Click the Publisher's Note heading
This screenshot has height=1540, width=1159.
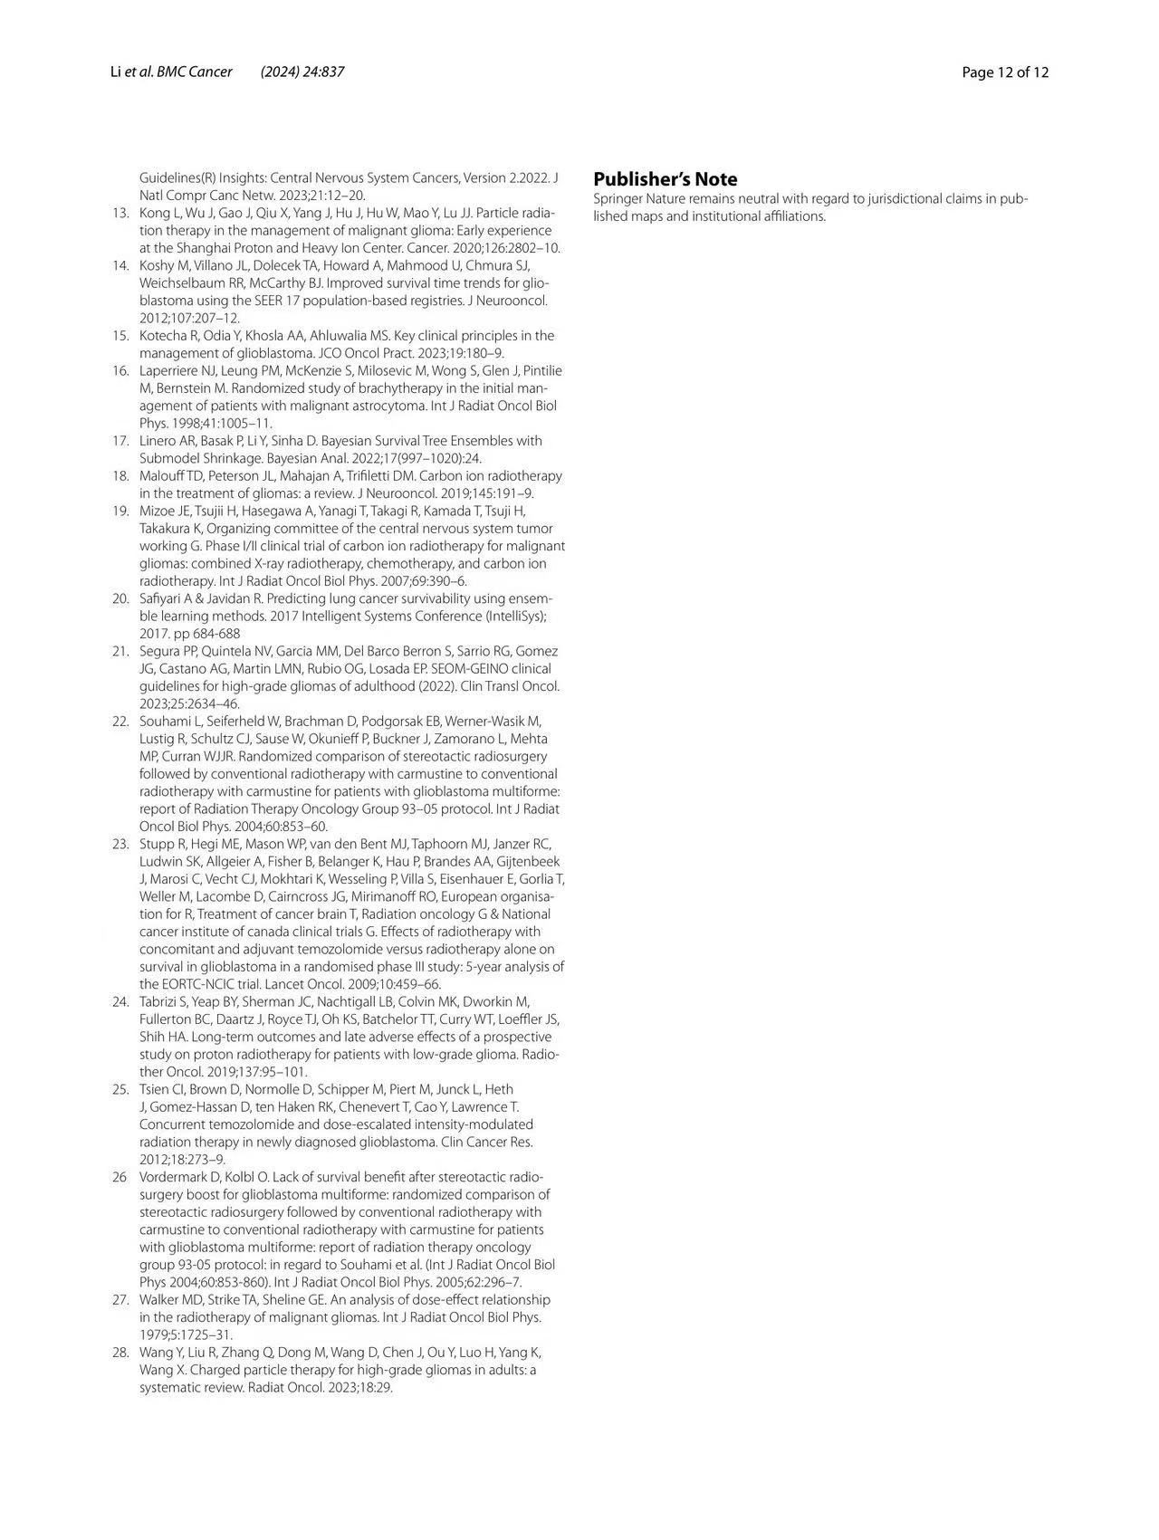(665, 179)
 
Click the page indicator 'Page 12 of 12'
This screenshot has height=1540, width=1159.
(1005, 72)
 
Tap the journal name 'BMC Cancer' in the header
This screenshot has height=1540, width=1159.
(195, 72)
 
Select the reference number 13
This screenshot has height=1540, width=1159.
(120, 213)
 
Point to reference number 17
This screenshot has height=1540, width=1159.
(120, 441)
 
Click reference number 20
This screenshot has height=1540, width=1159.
(120, 598)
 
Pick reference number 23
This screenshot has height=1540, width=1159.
(120, 844)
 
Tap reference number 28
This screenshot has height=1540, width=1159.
(120, 1353)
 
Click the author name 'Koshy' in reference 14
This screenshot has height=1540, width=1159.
(156, 265)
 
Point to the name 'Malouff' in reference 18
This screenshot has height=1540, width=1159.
(161, 476)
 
